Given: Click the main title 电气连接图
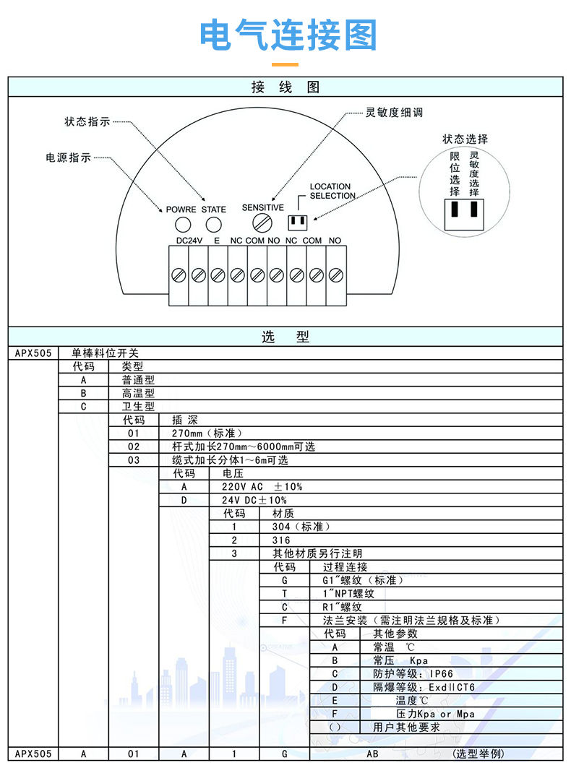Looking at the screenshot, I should [288, 35].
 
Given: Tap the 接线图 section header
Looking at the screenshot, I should [285, 87].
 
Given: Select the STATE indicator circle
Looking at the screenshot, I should [214, 224].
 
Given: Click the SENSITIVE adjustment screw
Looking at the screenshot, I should [262, 221].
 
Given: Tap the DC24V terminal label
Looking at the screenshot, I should [189, 240].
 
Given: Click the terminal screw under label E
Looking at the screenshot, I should [217, 275].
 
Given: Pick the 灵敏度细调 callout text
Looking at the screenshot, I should [394, 113].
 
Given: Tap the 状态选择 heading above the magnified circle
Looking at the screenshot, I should [465, 139].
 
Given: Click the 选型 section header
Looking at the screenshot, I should [285, 337].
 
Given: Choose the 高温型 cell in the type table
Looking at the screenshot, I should [138, 393].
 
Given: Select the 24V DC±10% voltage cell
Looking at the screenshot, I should [254, 500].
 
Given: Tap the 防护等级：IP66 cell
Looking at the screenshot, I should [413, 673].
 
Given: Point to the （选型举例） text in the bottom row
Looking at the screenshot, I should [478, 754].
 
